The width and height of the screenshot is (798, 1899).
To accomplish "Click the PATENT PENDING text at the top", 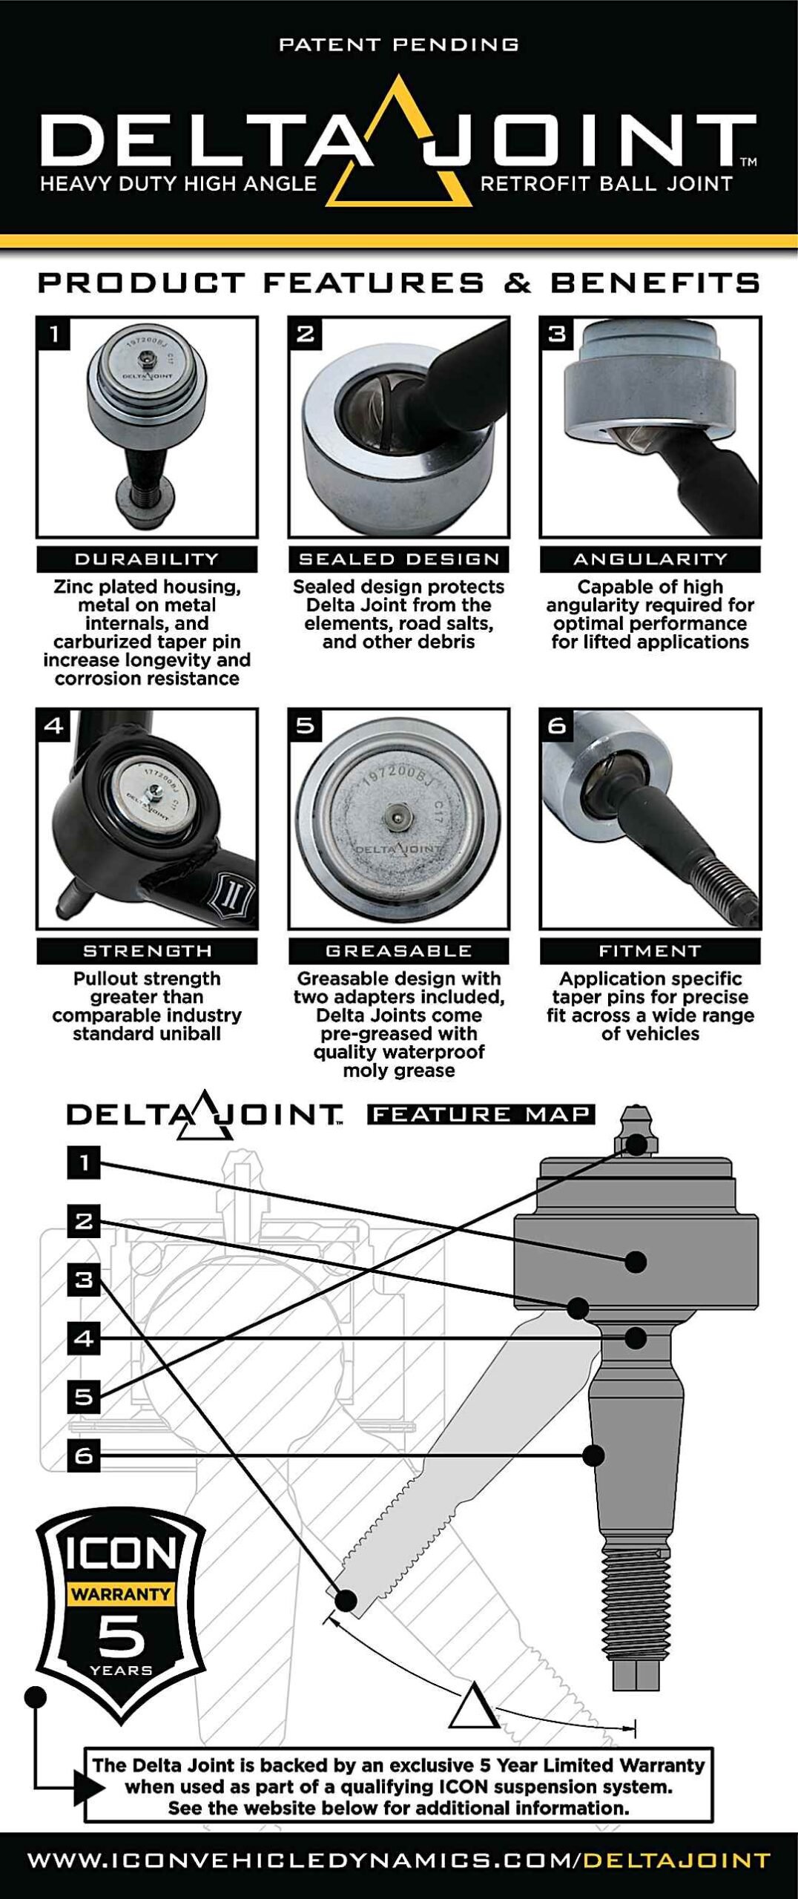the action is pyautogui.click(x=398, y=45).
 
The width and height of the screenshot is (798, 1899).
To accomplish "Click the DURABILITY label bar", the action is pyautogui.click(x=147, y=559).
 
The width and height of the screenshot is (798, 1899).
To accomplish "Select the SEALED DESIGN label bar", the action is pyautogui.click(x=399, y=559).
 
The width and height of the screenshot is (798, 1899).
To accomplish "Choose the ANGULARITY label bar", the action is pyautogui.click(x=650, y=559).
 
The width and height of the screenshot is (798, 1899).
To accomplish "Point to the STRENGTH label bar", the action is pyautogui.click(x=147, y=951).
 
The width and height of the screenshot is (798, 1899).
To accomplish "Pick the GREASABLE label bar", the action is pyautogui.click(x=399, y=951).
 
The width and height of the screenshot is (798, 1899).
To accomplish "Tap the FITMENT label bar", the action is pyautogui.click(x=650, y=951).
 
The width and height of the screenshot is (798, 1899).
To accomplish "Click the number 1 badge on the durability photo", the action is pyautogui.click(x=53, y=334).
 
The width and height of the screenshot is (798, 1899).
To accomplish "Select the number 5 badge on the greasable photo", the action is pyautogui.click(x=305, y=725).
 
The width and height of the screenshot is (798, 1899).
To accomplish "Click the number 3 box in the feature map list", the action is pyautogui.click(x=84, y=1280).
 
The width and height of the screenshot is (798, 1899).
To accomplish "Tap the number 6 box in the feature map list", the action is pyautogui.click(x=84, y=1455).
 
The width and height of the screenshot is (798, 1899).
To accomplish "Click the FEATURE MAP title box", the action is pyautogui.click(x=481, y=1114).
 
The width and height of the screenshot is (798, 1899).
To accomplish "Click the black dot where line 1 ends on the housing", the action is pyautogui.click(x=636, y=1261).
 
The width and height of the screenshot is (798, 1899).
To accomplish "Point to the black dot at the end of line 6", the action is pyautogui.click(x=593, y=1455).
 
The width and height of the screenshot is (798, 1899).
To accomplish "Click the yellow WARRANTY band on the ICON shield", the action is pyautogui.click(x=121, y=1593).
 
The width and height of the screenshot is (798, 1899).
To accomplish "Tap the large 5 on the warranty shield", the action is pyautogui.click(x=121, y=1636).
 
